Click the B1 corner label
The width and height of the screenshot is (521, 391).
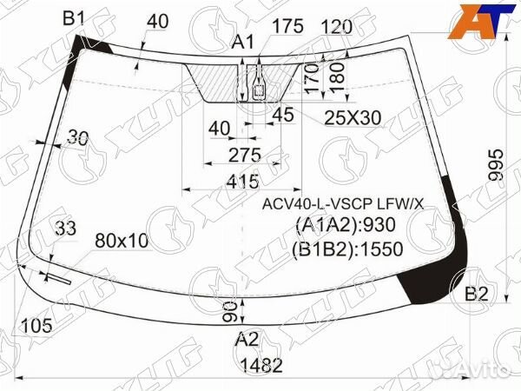point(74,18)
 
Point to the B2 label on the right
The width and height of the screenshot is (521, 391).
point(476,294)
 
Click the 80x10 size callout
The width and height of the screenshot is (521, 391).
point(121,239)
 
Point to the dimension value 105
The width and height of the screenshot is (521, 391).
point(36,326)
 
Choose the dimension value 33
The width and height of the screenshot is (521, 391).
point(65,228)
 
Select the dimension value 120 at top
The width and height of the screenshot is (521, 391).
point(335,27)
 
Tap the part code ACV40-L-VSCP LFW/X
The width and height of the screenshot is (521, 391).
point(344,204)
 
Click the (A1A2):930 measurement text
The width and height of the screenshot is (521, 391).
point(346,227)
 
